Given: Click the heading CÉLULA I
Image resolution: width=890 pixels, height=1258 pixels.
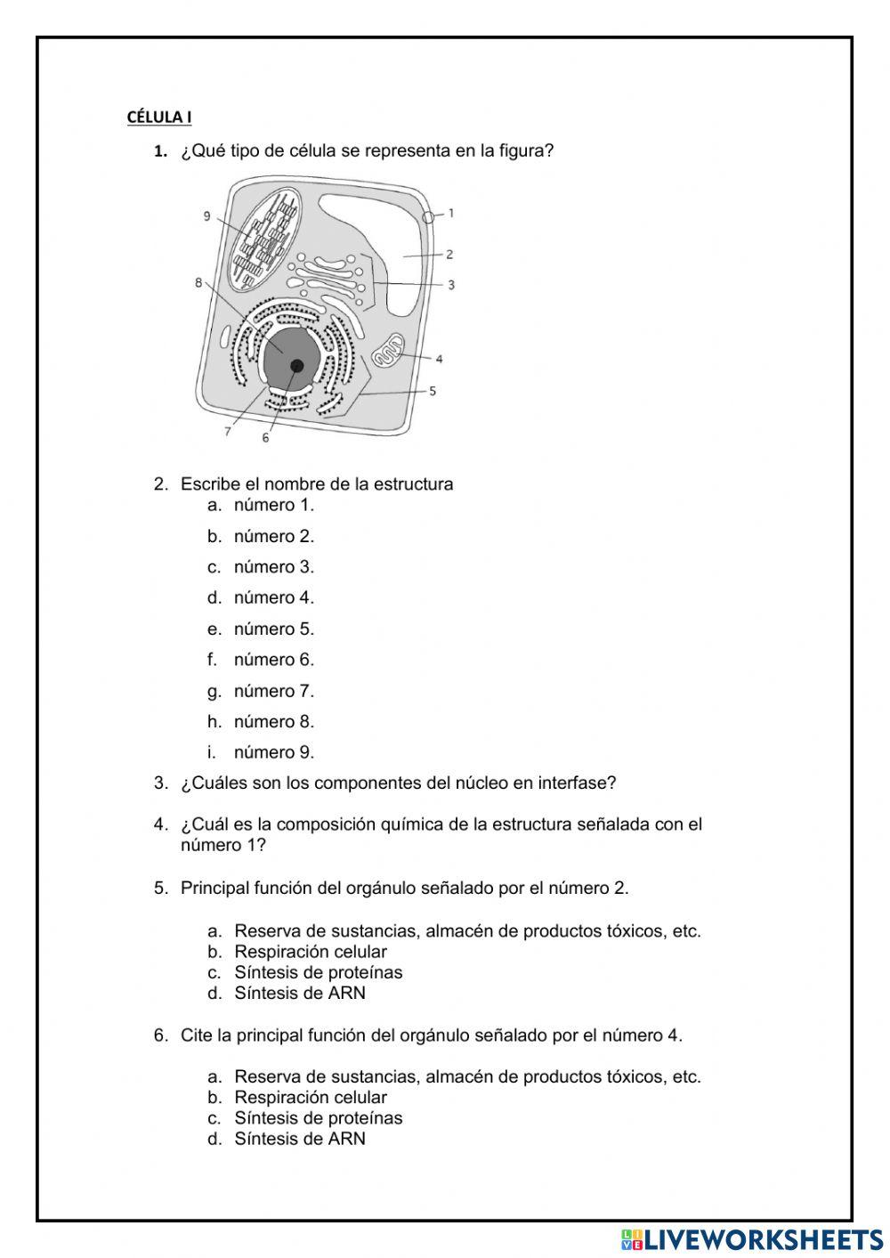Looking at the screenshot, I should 159,117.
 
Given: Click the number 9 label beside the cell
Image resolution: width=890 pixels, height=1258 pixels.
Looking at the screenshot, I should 206,216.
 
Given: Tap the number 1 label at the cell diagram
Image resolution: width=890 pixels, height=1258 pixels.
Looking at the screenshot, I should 451,213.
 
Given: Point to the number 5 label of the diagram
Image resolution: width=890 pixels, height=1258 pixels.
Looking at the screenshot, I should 433,391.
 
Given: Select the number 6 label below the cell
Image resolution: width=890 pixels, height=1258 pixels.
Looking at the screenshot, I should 265,437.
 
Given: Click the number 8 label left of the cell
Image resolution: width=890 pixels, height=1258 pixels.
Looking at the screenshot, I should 198,283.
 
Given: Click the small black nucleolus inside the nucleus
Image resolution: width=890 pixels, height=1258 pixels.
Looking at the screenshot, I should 296,365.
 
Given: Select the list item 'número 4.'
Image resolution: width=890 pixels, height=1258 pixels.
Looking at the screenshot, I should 273,597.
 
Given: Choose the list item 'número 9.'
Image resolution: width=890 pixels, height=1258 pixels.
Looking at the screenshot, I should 273,752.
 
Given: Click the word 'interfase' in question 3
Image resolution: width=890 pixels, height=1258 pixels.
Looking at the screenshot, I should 579,783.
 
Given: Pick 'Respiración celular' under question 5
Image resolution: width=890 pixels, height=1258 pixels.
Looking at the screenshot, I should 310,952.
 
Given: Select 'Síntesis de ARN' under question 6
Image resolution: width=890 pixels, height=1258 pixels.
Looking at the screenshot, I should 299,1139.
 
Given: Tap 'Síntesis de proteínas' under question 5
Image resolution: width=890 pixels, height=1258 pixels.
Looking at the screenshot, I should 318,972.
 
